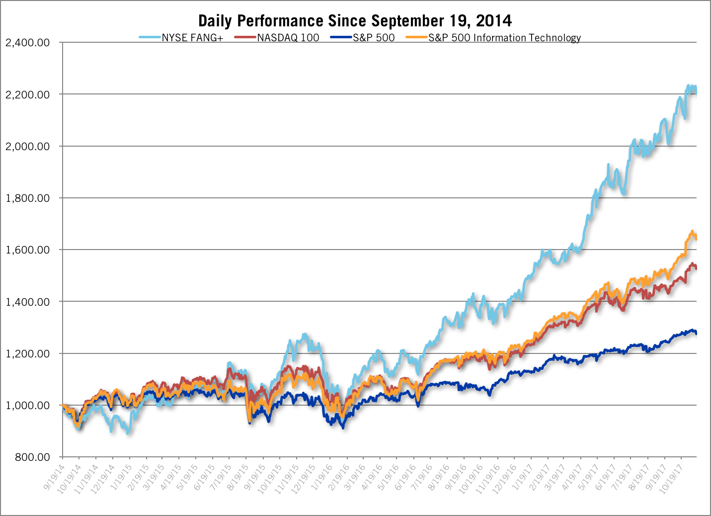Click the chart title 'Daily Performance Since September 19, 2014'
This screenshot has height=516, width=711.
tap(355, 21)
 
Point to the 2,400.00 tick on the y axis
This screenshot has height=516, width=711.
tap(27, 43)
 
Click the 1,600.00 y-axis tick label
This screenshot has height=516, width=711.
tap(27, 250)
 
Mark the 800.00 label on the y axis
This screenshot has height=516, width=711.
tap(32, 457)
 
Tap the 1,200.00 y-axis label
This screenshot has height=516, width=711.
tap(27, 354)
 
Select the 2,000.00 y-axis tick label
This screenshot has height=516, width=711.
tap(27, 147)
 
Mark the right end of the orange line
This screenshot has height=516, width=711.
tap(696, 238)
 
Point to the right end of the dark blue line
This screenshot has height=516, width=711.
tap(696, 333)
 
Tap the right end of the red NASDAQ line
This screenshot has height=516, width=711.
tap(696, 268)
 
